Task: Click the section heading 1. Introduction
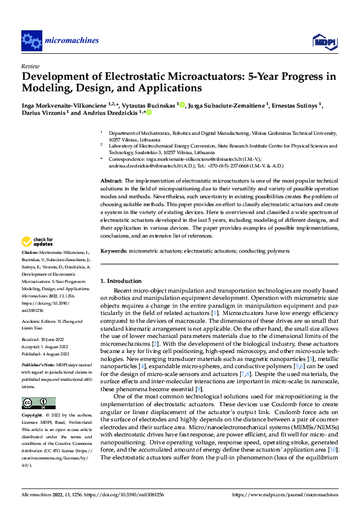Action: coord(120,281)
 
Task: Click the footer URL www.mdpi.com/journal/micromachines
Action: coord(292,494)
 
